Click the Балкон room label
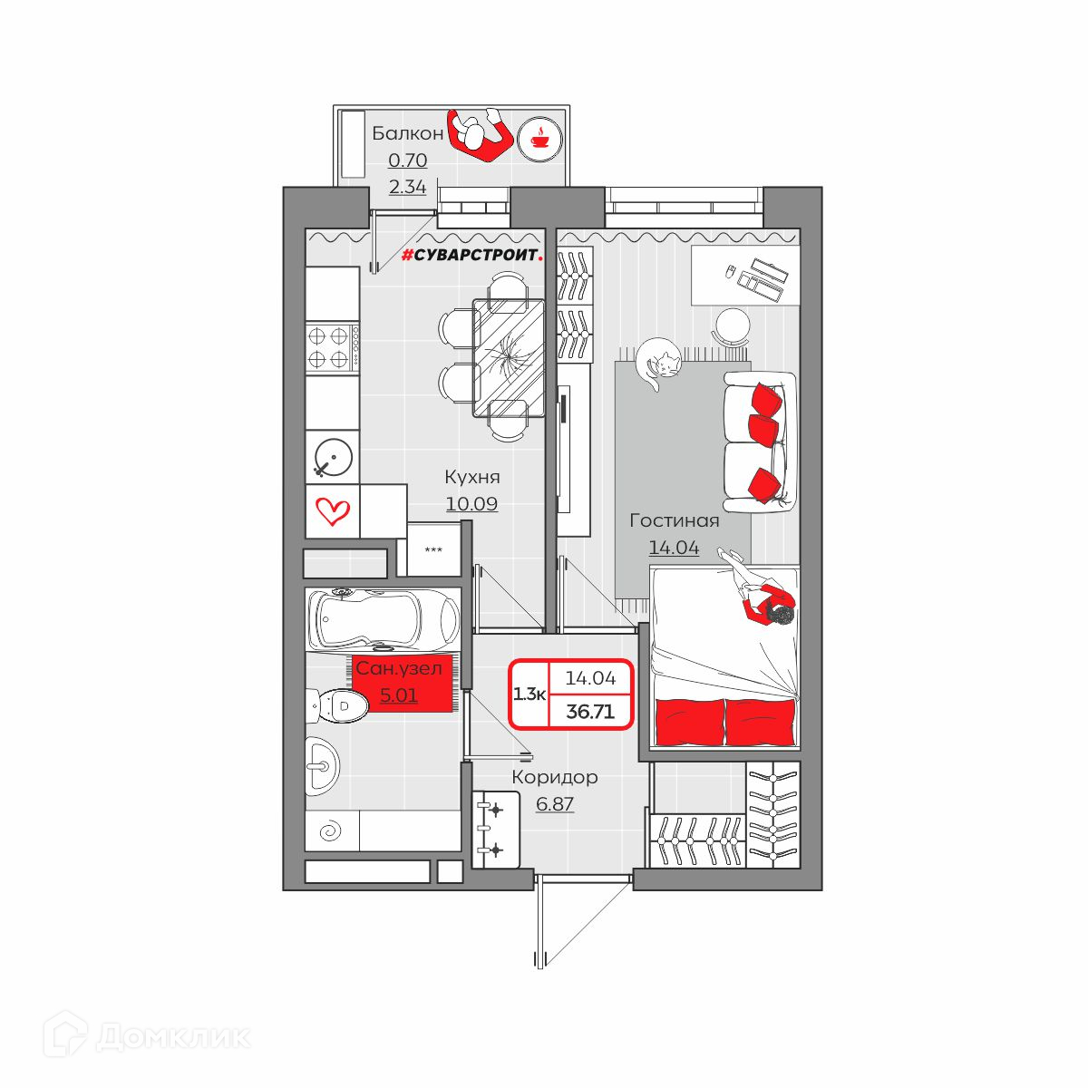coord(407,133)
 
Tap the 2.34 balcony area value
coord(407,187)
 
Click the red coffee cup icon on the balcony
coord(539,139)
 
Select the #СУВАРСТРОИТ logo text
coord(472,256)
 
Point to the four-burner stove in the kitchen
coord(332,348)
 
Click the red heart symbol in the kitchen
coord(333,511)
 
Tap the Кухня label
coord(472,477)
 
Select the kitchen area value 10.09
coord(472,503)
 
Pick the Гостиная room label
coord(675,520)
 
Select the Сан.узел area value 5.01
coord(399,695)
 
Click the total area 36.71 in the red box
coord(590,711)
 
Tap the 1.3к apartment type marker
coord(529,694)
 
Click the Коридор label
coord(555,777)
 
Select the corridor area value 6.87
coord(555,803)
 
